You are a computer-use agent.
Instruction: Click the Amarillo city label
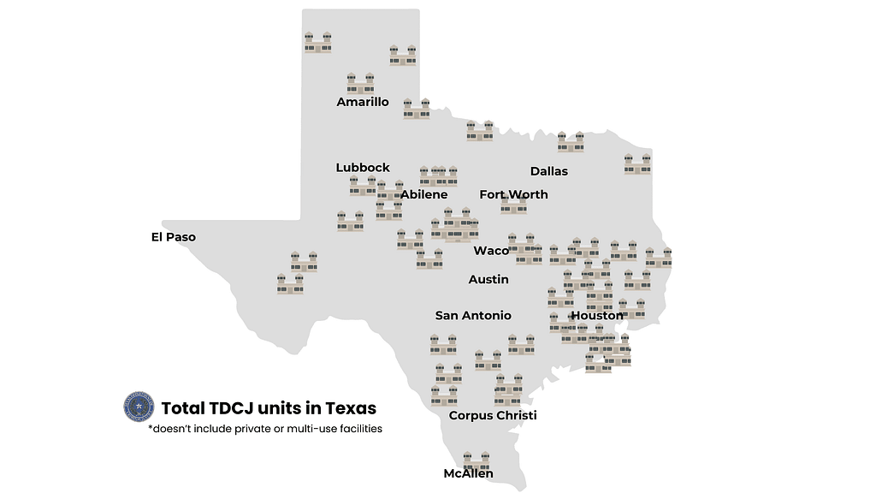click(x=363, y=102)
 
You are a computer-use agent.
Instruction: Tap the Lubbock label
click(x=363, y=168)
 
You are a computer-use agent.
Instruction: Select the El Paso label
click(x=174, y=237)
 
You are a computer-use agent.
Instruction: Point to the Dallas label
click(x=549, y=171)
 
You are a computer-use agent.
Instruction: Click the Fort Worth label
click(x=513, y=194)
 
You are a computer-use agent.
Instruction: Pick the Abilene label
click(x=424, y=194)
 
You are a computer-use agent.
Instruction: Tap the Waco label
click(x=491, y=251)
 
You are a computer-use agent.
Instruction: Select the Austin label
click(x=488, y=280)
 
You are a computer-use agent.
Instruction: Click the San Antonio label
click(x=473, y=316)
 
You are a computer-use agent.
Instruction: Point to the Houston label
click(x=597, y=316)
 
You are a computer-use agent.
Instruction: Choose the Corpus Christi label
click(x=493, y=416)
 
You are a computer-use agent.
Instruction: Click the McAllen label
click(x=468, y=473)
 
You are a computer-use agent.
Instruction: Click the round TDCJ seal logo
click(x=138, y=407)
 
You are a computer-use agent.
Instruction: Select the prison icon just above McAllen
click(x=477, y=460)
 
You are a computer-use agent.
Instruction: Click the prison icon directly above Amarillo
click(x=360, y=84)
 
